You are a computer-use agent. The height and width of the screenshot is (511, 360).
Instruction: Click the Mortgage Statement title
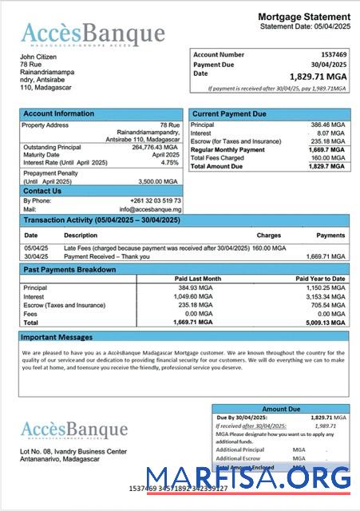click(304, 17)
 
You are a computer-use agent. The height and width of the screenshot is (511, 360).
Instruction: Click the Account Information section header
click(58, 113)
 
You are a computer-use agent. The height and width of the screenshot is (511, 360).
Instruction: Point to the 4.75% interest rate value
click(169, 162)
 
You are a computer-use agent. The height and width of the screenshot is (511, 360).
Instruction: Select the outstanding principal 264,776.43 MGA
click(155, 147)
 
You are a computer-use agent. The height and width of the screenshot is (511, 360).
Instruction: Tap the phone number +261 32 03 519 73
click(155, 200)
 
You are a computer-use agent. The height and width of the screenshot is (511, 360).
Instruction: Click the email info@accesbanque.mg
click(154, 209)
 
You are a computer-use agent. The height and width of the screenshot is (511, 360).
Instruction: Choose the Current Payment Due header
click(230, 113)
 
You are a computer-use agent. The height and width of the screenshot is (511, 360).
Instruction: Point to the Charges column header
click(269, 236)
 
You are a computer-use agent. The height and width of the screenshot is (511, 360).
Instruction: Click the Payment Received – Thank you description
click(105, 256)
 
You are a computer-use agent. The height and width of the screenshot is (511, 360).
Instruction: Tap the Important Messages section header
click(57, 337)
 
